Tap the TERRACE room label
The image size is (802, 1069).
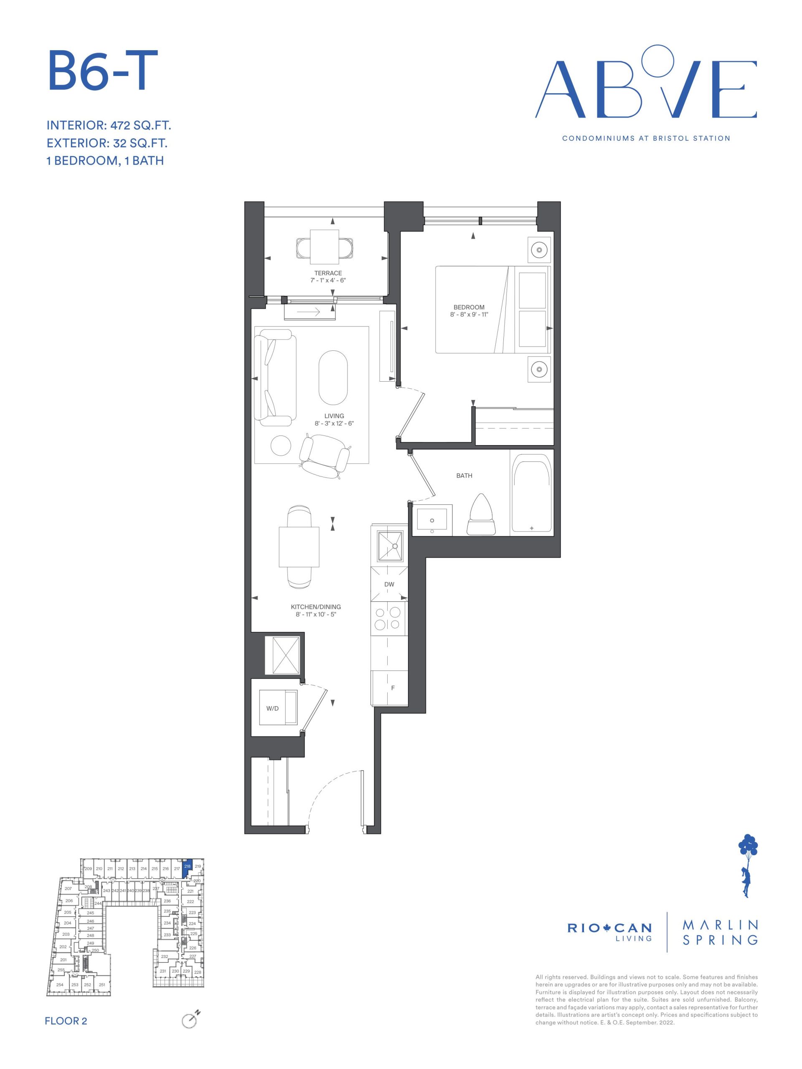(328, 273)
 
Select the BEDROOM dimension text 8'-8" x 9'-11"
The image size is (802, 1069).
(469, 314)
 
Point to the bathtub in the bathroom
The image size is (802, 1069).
(532, 492)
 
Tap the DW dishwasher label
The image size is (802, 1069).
(389, 584)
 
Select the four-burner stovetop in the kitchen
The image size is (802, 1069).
(388, 618)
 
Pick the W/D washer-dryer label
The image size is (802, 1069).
(273, 709)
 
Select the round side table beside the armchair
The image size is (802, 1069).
(281, 446)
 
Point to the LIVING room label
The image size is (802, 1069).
(334, 415)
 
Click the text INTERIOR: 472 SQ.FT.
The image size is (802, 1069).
(109, 126)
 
